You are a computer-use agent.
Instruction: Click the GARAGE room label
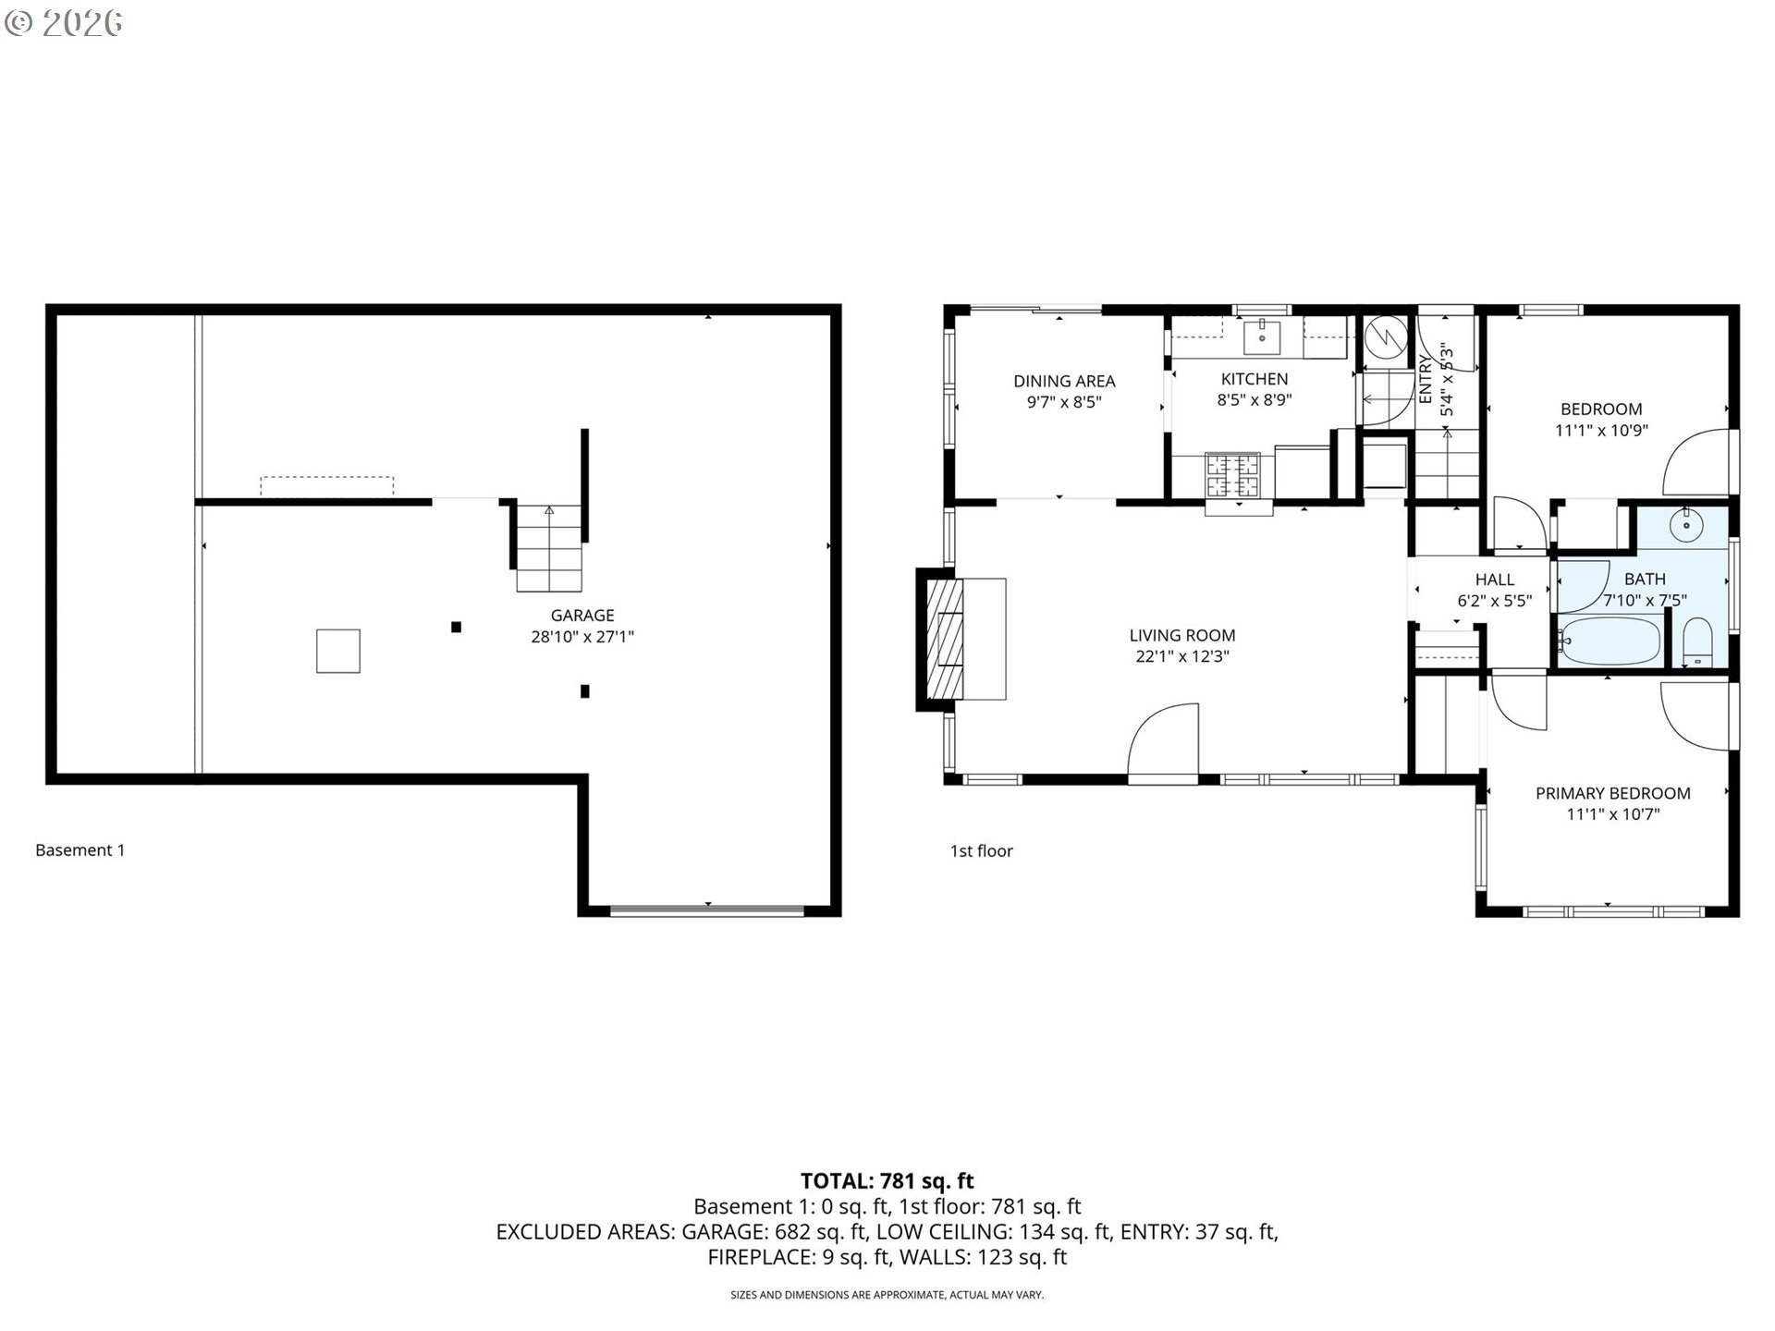click(582, 616)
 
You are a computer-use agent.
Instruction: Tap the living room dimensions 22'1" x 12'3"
click(1182, 657)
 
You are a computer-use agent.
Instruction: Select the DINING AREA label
click(1064, 381)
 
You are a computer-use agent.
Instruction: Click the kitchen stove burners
click(1232, 476)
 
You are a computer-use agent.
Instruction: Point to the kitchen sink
click(1262, 337)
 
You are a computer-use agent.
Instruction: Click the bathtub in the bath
click(1610, 641)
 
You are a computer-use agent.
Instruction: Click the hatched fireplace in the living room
click(946, 640)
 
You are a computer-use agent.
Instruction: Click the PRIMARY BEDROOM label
click(1613, 793)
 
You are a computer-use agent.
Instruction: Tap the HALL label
click(1495, 580)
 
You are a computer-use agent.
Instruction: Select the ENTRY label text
click(1426, 381)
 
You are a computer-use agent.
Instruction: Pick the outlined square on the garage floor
click(338, 651)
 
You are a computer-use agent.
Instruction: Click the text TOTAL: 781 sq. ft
click(887, 1180)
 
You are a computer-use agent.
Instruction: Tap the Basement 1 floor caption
click(80, 850)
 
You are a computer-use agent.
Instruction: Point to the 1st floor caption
click(982, 851)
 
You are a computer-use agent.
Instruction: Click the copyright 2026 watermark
click(63, 23)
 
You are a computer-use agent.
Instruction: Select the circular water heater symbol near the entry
click(1386, 337)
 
